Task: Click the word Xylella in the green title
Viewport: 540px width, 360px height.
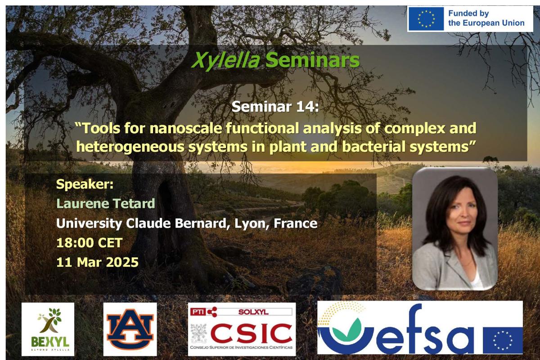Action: [x=225, y=60]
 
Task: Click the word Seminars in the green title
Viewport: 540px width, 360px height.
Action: [x=313, y=60]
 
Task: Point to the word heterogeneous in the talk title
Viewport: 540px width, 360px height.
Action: [x=130, y=147]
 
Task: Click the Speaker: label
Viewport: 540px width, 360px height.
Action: [x=85, y=184]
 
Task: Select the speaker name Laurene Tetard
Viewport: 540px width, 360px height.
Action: [x=105, y=203]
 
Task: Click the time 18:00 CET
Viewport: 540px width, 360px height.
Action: [x=89, y=243]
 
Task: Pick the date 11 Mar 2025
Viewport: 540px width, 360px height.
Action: [x=97, y=262]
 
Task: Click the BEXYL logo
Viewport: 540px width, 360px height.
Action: [x=48, y=329]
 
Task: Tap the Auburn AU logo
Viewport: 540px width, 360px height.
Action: [x=130, y=329]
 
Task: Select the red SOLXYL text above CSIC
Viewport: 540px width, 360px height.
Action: [x=253, y=312]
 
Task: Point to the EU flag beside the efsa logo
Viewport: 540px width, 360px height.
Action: [x=503, y=340]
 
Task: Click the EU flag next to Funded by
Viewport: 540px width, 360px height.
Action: [x=426, y=19]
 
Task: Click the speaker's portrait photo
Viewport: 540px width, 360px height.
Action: [x=455, y=229]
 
